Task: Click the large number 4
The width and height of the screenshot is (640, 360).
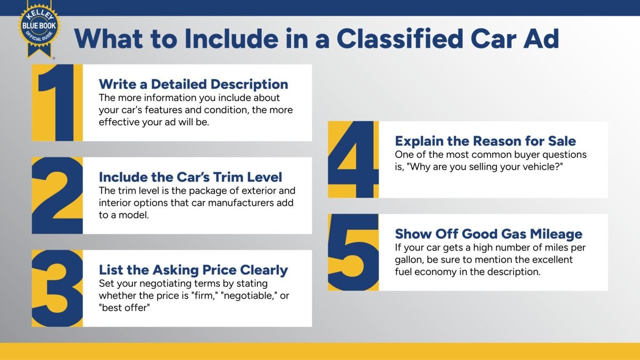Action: [x=353, y=159]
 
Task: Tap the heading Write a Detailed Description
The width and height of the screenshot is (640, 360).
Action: [x=193, y=84]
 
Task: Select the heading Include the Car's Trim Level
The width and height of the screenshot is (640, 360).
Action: [x=190, y=177]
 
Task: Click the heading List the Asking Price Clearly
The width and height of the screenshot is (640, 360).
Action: [x=193, y=269]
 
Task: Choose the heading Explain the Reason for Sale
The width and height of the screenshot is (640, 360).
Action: [x=485, y=141]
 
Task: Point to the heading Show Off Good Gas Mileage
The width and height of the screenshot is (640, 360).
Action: [x=489, y=234]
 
